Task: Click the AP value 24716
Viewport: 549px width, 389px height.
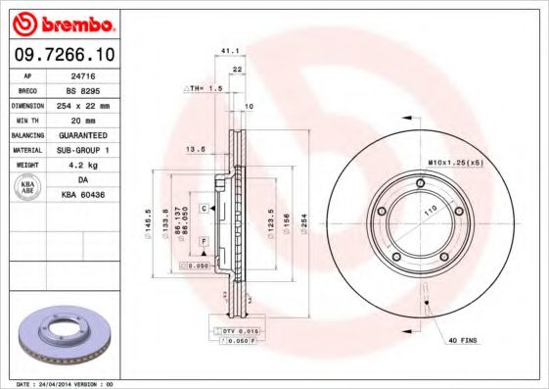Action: (x=82, y=73)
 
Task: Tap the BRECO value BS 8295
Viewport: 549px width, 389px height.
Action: (x=82, y=88)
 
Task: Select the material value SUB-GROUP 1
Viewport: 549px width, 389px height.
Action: (x=82, y=149)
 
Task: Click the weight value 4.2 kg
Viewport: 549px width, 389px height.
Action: (x=82, y=165)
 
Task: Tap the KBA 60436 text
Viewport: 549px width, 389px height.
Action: (x=82, y=196)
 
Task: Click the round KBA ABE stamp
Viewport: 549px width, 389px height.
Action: (x=27, y=188)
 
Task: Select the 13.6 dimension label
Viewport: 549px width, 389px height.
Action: (x=194, y=150)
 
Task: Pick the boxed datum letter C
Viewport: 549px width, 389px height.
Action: (x=205, y=209)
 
